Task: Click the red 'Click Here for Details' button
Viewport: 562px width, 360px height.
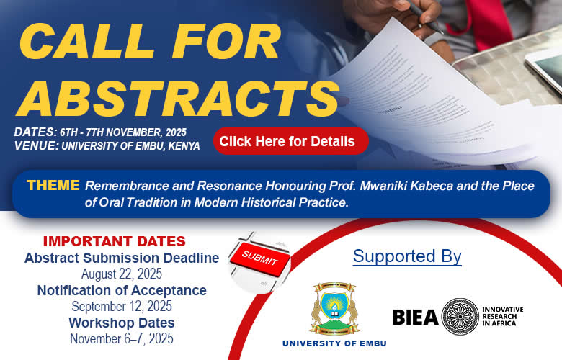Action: coord(290,141)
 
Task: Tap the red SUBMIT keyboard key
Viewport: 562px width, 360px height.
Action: coord(260,259)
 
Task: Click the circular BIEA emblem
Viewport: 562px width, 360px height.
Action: coord(460,317)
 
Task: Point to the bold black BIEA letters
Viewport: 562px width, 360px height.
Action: coord(415,318)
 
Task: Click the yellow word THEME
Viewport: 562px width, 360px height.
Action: coord(53,185)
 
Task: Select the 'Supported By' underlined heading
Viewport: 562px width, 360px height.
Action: coord(407,256)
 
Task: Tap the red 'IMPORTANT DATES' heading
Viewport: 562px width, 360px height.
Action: coord(115,241)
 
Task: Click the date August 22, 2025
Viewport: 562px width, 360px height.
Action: coord(122,274)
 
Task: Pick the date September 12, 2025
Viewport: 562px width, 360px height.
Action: coord(122,306)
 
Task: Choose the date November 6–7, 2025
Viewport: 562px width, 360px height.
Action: coord(122,338)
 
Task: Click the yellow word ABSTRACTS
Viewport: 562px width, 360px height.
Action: coord(177,99)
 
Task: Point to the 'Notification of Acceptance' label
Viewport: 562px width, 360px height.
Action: coord(122,290)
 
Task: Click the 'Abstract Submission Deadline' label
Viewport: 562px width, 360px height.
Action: coord(122,258)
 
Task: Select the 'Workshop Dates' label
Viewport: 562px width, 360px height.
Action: coord(122,323)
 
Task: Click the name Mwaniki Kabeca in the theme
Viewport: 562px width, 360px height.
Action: coord(406,186)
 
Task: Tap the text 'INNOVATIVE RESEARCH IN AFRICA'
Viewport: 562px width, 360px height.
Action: coord(502,316)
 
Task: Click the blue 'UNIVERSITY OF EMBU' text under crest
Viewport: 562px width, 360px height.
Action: coord(334,343)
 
